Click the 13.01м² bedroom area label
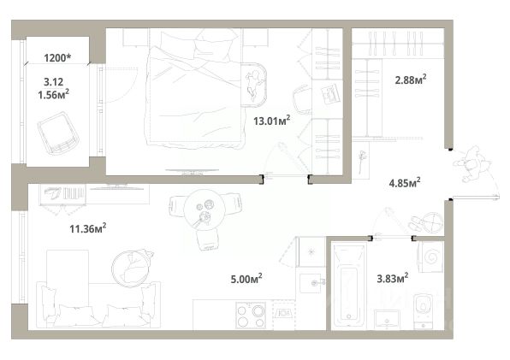click(x=271, y=121)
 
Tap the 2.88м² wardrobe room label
click(x=411, y=80)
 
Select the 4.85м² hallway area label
click(x=404, y=183)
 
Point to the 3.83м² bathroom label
click(x=392, y=278)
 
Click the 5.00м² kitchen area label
click(x=246, y=279)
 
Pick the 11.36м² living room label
click(x=88, y=228)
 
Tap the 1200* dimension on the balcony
click(x=57, y=58)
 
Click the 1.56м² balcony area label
click(x=53, y=95)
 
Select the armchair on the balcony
click(x=58, y=133)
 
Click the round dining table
click(x=205, y=210)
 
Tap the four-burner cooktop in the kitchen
click(x=251, y=314)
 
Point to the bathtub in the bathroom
click(x=348, y=284)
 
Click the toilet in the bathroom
click(x=424, y=310)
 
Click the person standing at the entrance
click(x=473, y=164)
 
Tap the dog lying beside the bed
click(x=252, y=86)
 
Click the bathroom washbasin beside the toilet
click(x=387, y=319)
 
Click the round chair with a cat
click(x=132, y=269)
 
